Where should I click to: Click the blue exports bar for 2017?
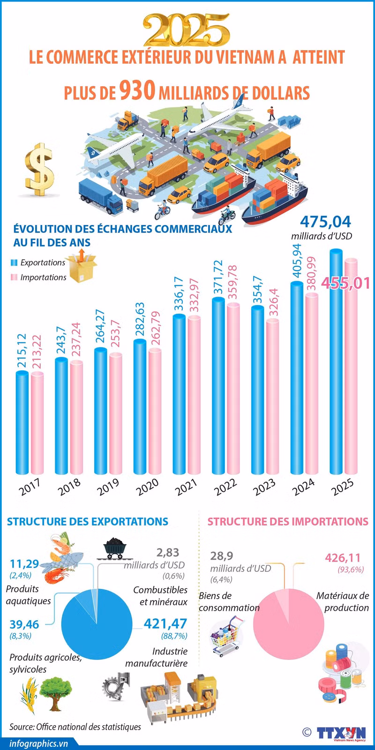(22, 422)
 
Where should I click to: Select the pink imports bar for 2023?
(272, 396)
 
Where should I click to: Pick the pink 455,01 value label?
(345, 283)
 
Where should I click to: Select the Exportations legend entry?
(38, 262)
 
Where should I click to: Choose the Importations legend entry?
(38, 277)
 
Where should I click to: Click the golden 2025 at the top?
(187, 30)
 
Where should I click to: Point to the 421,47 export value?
(165, 623)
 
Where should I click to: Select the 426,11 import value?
(343, 557)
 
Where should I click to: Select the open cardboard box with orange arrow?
(82, 266)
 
